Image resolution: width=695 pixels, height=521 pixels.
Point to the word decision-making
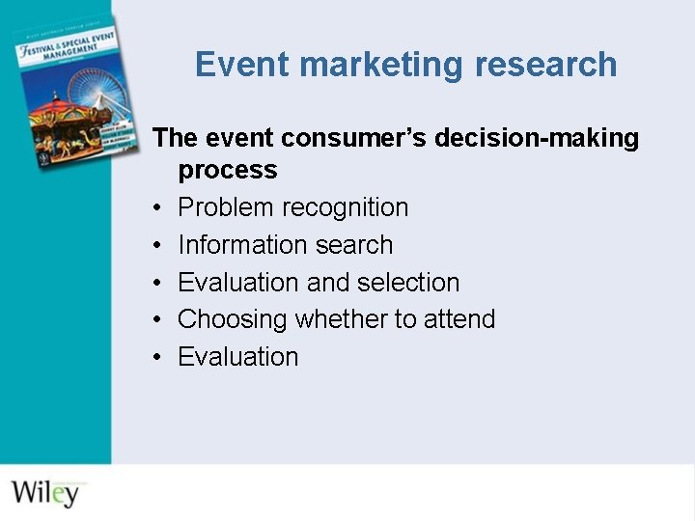pyautogui.click(x=537, y=138)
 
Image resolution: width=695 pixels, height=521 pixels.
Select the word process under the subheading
pyautogui.click(x=228, y=171)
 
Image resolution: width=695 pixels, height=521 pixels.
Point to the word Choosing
pyautogui.click(x=233, y=319)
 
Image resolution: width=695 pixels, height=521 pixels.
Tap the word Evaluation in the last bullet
pyautogui.click(x=238, y=357)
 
